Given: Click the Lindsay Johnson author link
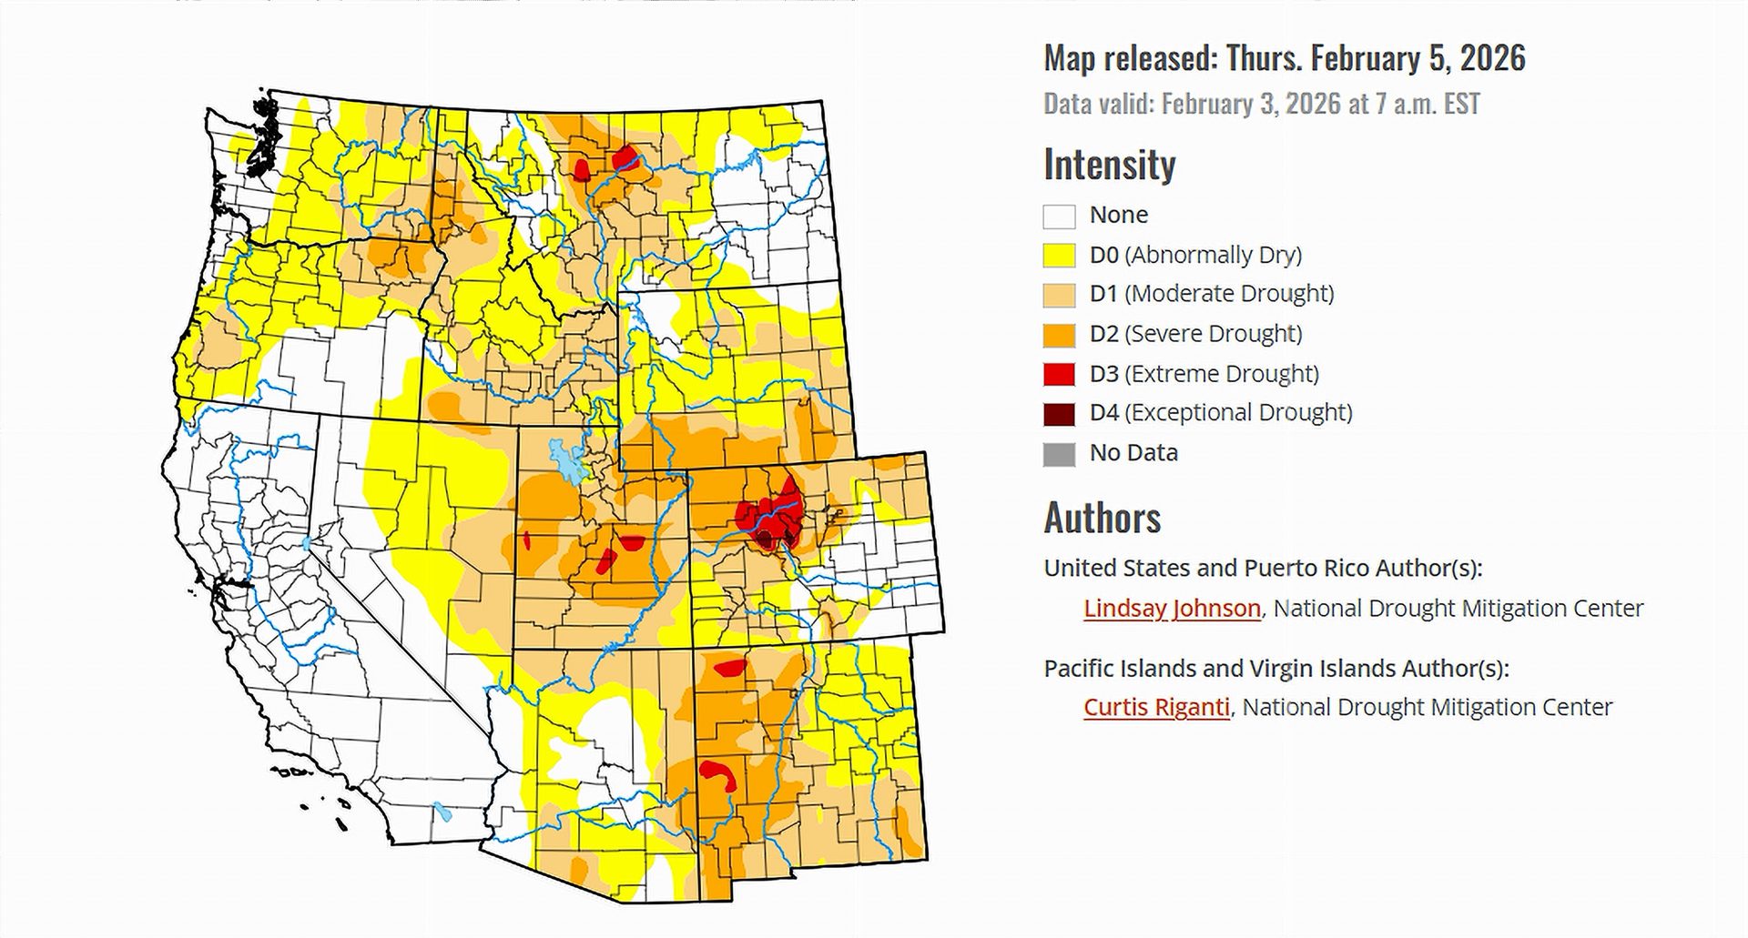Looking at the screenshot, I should coord(1172,608).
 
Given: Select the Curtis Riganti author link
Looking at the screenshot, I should coord(1156,707).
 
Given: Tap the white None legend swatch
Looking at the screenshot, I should coord(1059,216).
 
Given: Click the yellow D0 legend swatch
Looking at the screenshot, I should coord(1059,255).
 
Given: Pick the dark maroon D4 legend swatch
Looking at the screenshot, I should coord(1059,413).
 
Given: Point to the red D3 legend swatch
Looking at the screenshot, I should coord(1059,374).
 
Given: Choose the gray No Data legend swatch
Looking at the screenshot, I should coord(1059,453).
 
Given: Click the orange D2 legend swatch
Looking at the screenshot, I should coord(1059,334).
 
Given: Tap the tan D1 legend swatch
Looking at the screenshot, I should coord(1059,295).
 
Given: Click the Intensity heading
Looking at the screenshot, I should coord(1109,165).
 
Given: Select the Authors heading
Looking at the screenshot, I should coord(1102,518).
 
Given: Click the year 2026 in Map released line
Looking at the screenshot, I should coord(1492,58).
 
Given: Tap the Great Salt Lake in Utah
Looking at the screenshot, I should coord(565,462).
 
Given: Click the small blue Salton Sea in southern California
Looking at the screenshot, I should coord(442,811).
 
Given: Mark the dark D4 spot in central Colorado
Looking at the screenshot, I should coord(764,540).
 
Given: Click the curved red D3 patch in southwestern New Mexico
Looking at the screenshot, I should coord(718,773).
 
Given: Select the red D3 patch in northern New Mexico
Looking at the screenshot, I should coord(730,669).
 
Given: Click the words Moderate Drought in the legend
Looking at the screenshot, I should coord(1229,294).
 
